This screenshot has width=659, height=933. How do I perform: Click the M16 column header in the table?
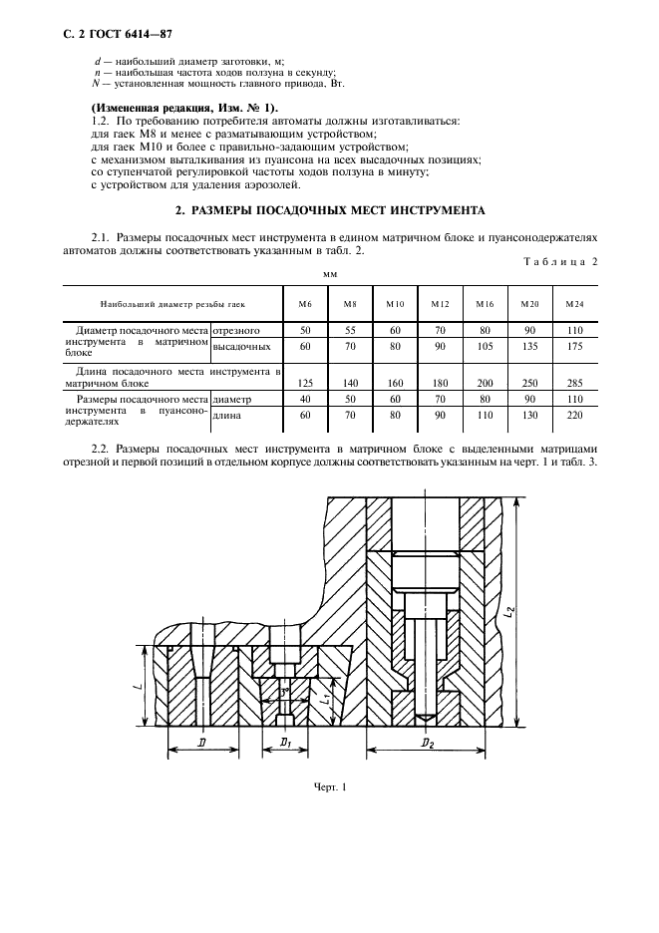(486, 303)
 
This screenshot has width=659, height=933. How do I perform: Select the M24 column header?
(575, 303)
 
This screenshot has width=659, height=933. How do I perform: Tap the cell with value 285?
(575, 382)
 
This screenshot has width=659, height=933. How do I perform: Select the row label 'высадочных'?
(242, 346)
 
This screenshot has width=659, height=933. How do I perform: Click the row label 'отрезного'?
(236, 328)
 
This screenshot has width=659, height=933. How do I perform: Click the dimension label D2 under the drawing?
(426, 744)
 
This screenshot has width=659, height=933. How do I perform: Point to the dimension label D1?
(285, 744)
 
